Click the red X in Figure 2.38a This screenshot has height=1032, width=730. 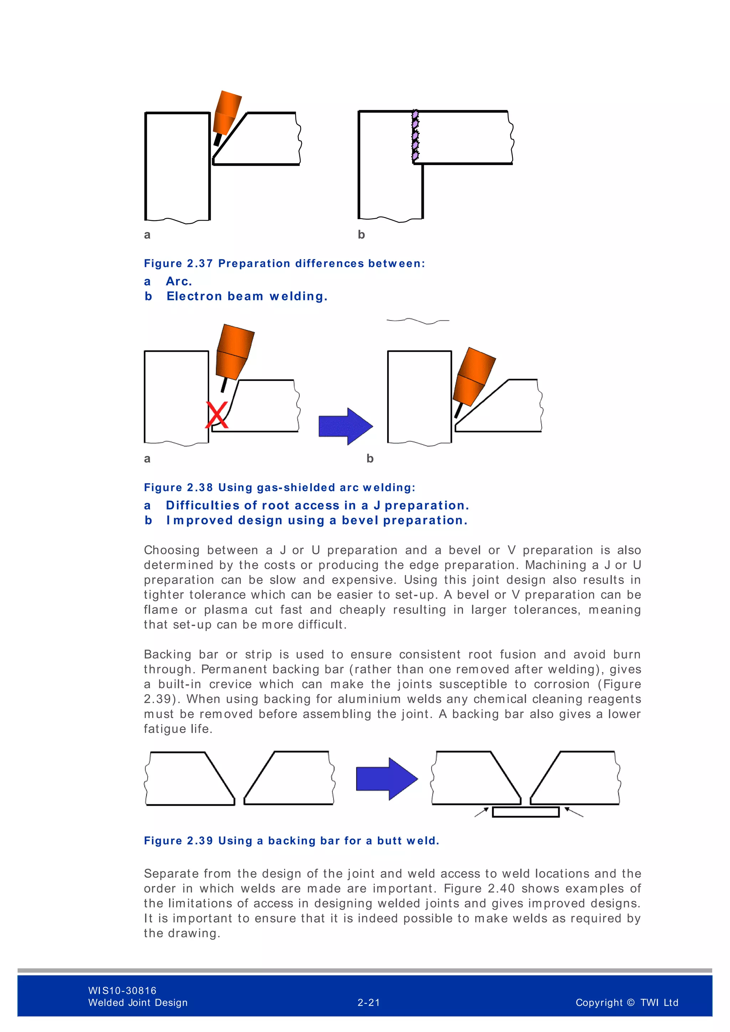pyautogui.click(x=217, y=414)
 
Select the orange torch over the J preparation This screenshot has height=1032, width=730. pyautogui.click(x=235, y=353)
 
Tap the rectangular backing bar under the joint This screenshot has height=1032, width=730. pyautogui.click(x=525, y=812)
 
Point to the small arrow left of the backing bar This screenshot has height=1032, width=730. pyautogui.click(x=482, y=812)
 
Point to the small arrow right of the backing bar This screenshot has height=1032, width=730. pyautogui.click(x=574, y=812)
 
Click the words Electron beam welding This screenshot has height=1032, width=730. pyautogui.click(x=247, y=296)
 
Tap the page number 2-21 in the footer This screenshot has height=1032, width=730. pyautogui.click(x=369, y=1002)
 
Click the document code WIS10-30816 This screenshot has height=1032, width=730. pyautogui.click(x=122, y=990)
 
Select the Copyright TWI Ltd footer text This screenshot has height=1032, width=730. pyautogui.click(x=627, y=1002)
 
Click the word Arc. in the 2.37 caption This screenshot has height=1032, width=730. pyautogui.click(x=179, y=282)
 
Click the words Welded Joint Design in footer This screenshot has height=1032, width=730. pyautogui.click(x=138, y=1002)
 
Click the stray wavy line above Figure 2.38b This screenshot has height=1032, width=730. pyautogui.click(x=418, y=321)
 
